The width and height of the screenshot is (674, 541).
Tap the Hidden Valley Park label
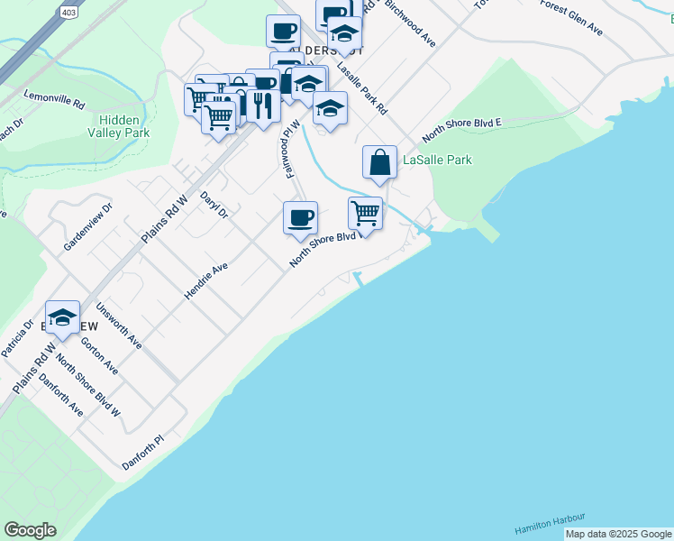(119, 126)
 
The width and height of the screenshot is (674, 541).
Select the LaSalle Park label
(437, 160)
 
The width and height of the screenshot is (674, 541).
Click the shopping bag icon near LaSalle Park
(380, 163)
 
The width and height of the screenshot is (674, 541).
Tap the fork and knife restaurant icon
(262, 105)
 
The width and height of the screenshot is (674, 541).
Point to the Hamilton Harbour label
(550, 523)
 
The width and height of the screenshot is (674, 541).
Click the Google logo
(30, 530)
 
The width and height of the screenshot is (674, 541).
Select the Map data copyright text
(618, 534)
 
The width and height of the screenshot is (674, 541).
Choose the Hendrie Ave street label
(206, 280)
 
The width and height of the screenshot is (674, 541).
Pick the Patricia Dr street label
(17, 337)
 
